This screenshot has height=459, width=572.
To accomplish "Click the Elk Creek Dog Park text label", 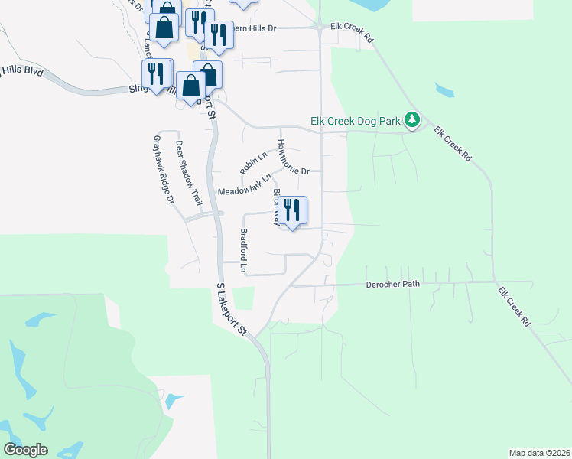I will point(356,121).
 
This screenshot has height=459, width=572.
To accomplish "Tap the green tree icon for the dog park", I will point(412,120).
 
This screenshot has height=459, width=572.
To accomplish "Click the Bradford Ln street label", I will point(244,251).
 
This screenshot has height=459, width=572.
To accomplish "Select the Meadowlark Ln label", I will point(245,186).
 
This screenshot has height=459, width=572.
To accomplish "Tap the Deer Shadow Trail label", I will point(187,173).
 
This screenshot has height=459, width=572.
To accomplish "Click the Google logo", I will point(26,450).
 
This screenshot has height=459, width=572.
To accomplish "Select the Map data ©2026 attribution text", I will point(538,453).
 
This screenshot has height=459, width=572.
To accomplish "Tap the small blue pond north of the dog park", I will point(444,91).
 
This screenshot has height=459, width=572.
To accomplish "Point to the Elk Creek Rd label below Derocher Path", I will point(514,307).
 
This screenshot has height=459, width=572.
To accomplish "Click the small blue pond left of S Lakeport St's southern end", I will point(174,400).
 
